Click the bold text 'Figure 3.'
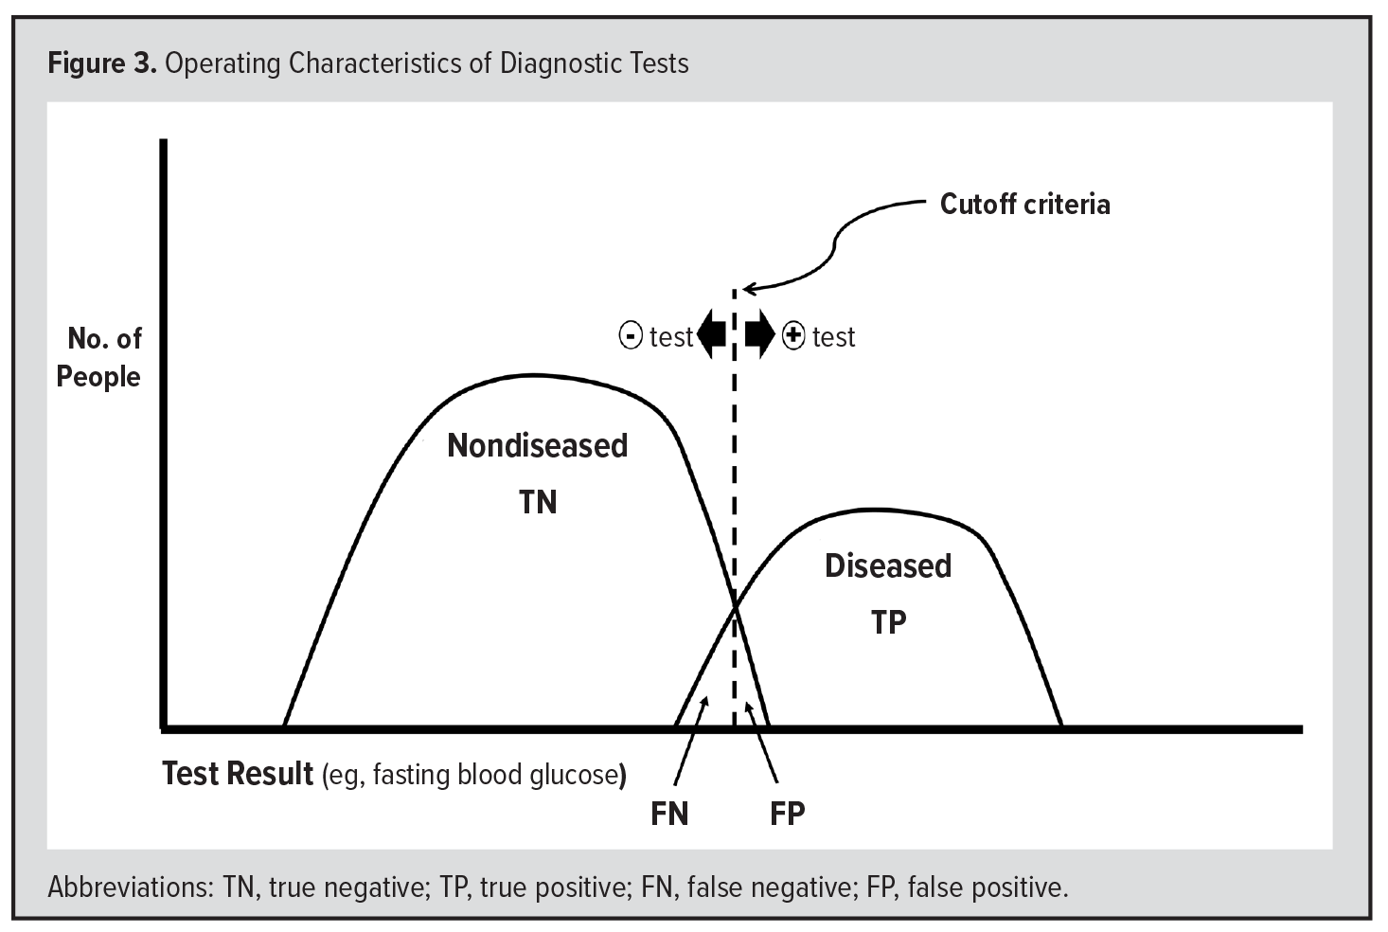tap(102, 63)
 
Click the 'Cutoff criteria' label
tap(1024, 205)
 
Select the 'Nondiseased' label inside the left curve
tap(537, 445)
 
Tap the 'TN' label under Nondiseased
tap(538, 502)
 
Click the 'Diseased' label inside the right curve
tap(888, 565)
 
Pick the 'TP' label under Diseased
tap(889, 622)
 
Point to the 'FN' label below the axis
tap(669, 814)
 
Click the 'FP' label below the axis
tap(787, 814)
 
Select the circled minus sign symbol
tap(631, 336)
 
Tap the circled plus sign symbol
tap(793, 336)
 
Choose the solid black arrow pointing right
tap(759, 334)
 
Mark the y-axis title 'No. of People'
tap(99, 358)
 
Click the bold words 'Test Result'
tap(238, 774)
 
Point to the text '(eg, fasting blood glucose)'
tap(474, 775)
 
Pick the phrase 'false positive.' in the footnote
tap(988, 887)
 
